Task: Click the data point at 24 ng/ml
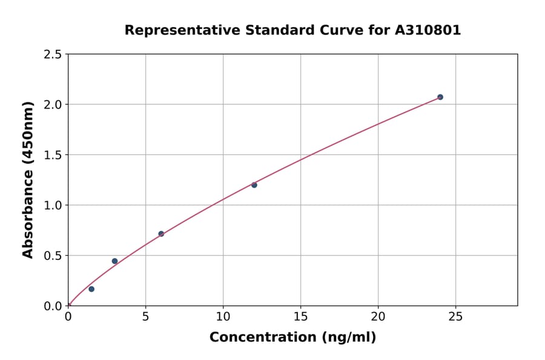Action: (440, 97)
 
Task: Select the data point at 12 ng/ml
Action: (254, 185)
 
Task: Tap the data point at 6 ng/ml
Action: (161, 234)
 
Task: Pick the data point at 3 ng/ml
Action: (114, 261)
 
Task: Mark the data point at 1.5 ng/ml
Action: (91, 289)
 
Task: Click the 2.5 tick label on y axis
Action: (53, 55)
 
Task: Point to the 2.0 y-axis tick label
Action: (53, 105)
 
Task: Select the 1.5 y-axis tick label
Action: (53, 155)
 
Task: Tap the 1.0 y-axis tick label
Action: (53, 205)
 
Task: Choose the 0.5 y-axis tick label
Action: (53, 256)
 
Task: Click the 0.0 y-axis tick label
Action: (53, 306)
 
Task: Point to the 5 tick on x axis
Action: (145, 316)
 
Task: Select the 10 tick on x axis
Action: (223, 316)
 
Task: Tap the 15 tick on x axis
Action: (300, 316)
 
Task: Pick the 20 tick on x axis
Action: (378, 316)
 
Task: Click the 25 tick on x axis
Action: (455, 316)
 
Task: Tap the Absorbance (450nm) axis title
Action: (28, 180)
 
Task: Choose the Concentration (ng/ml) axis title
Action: (292, 338)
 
